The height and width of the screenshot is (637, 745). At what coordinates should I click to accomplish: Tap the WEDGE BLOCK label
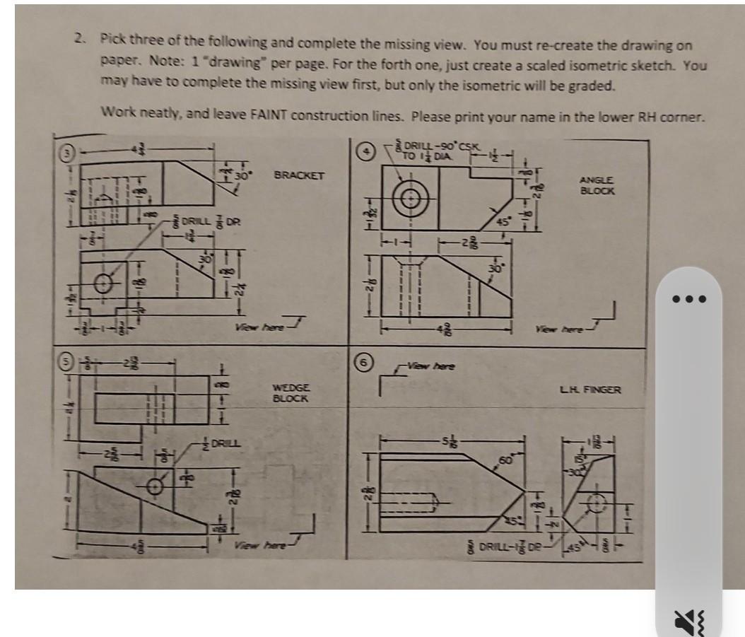pos(290,394)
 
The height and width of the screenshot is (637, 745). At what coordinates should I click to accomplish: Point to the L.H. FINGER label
pos(589,389)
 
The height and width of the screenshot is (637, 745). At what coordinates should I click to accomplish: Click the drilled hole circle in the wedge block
pos(156,486)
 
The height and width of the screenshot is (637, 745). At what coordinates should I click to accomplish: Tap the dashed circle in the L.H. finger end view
pos(597,503)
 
